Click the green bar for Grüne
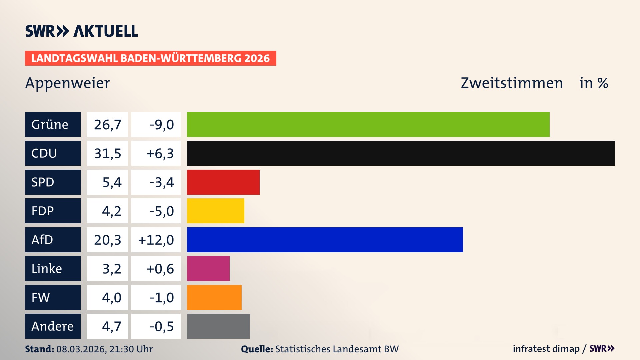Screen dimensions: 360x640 pos(368,124)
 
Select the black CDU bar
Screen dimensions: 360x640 pos(401,153)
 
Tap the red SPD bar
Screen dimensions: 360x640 pos(223,182)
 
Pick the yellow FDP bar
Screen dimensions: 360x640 pos(215,211)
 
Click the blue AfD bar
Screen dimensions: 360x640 pos(325,240)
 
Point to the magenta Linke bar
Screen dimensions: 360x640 pos(208,268)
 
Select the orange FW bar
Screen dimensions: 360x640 pos(214,297)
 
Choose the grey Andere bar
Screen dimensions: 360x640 pos(218,326)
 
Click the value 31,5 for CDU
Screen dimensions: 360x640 pos(107,153)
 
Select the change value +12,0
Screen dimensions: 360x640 pos(156,240)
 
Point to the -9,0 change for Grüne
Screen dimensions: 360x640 pos(162,124)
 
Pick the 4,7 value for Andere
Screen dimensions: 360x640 pos(111,326)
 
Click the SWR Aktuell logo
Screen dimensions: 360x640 pos(81,31)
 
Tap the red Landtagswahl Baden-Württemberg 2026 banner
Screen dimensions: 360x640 pos(150,58)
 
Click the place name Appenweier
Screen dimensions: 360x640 pos(67,83)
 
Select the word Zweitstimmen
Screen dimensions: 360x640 pos(512,83)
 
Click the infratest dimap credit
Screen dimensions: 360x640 pos(546,349)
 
